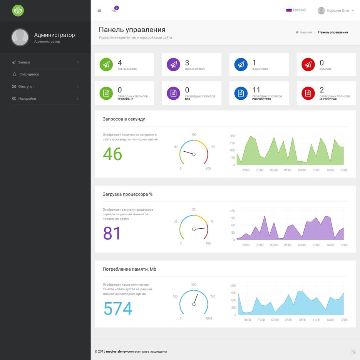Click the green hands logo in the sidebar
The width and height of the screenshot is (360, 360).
pyautogui.click(x=18, y=10)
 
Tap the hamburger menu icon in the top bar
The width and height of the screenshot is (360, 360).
pyautogui.click(x=99, y=10)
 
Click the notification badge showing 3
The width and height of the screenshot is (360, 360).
pyautogui.click(x=116, y=8)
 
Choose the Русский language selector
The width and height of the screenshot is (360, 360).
pyautogui.click(x=296, y=10)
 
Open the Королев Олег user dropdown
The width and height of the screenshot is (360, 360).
pyautogui.click(x=336, y=10)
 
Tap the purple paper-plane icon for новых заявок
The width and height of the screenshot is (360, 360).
pyautogui.click(x=173, y=65)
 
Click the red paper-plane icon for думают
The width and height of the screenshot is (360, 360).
pyautogui.click(x=308, y=65)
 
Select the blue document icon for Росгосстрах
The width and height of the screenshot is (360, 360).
pyautogui.click(x=241, y=93)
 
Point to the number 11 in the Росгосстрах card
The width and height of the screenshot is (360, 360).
pyautogui.click(x=256, y=90)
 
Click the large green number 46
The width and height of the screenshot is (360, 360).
pyautogui.click(x=112, y=154)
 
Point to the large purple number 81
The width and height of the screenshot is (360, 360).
pyautogui.click(x=112, y=233)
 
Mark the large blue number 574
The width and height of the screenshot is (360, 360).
pyautogui.click(x=118, y=308)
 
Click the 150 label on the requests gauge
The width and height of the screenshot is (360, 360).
pyautogui.click(x=213, y=147)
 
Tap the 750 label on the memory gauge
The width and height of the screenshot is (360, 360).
pyautogui.click(x=213, y=296)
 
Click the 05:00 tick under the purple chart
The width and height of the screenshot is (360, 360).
pyautogui.click(x=288, y=245)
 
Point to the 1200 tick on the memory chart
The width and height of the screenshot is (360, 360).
pyautogui.click(x=233, y=286)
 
